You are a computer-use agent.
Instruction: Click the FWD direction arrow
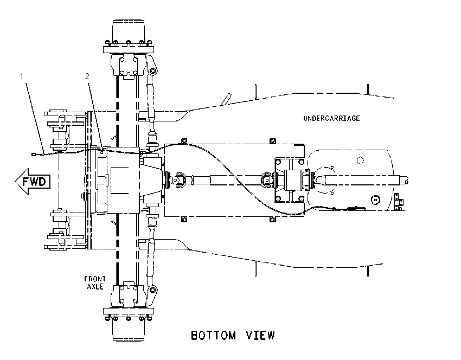pos(33,181)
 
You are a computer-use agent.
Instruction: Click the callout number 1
pos(22,76)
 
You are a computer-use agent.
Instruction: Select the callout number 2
pos(87,76)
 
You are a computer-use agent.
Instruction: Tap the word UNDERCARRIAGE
pos(331,118)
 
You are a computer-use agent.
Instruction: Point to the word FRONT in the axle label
pos(95,279)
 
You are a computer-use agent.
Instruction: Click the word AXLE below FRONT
pos(95,286)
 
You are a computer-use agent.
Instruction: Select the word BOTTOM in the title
pos(214,335)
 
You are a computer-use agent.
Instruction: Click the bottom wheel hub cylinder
pos(129,330)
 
